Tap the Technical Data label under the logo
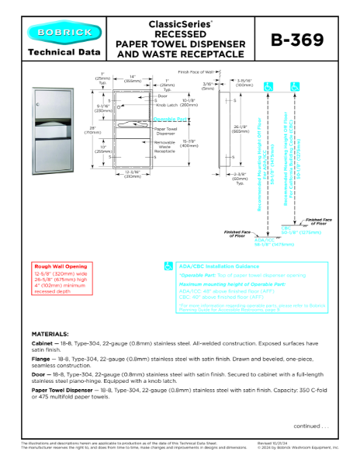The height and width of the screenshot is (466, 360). click(63, 53)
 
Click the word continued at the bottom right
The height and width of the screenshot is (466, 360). click(310, 426)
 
